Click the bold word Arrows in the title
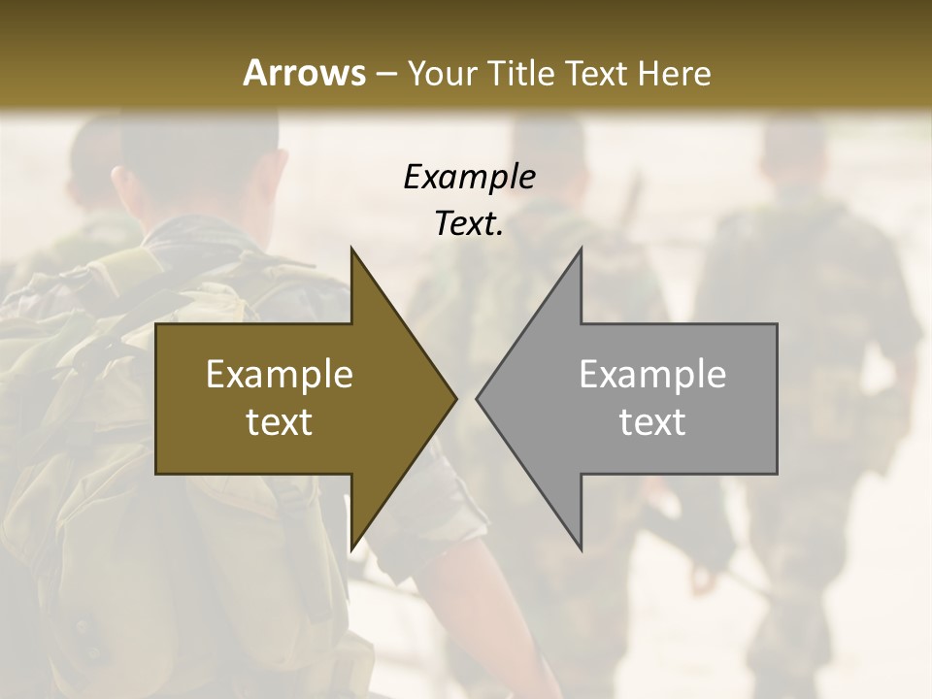(304, 73)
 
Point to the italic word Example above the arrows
(469, 177)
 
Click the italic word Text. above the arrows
(469, 224)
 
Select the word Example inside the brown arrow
(280, 374)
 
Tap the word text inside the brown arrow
(280, 422)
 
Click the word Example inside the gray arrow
(652, 374)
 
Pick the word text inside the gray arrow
(652, 422)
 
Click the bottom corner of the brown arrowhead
(351, 549)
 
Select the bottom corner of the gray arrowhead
(581, 549)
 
